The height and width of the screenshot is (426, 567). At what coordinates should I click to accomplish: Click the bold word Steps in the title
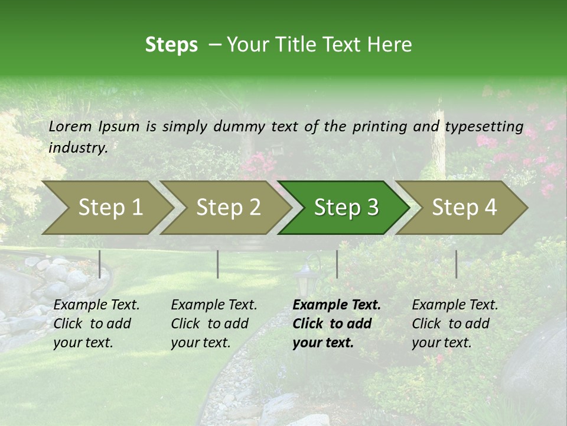(171, 45)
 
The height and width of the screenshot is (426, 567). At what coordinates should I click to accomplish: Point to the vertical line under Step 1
(100, 264)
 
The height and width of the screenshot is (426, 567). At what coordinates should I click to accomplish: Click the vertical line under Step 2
(218, 264)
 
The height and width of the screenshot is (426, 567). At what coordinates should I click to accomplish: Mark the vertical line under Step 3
(337, 264)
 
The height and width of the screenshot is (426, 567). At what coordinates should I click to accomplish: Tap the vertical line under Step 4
(456, 264)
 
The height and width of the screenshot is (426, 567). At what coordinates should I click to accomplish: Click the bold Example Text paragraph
(336, 324)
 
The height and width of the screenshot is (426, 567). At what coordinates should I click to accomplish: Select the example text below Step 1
(96, 324)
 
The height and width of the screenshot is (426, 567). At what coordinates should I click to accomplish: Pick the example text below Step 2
(214, 324)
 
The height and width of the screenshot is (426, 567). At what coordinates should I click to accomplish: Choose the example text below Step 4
(455, 324)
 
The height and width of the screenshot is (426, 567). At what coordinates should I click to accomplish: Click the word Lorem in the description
(70, 127)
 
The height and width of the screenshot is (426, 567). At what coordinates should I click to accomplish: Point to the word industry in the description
(77, 148)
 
